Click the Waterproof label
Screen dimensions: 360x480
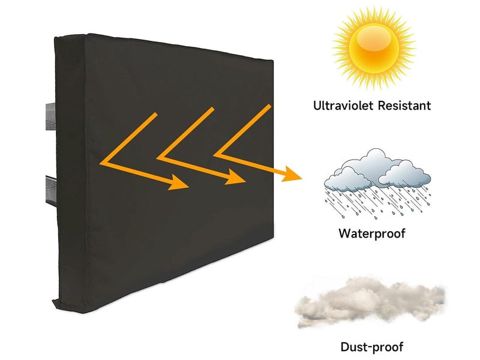tap(371, 233)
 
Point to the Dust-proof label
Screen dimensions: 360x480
tap(372, 346)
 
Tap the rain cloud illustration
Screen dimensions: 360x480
tap(377, 170)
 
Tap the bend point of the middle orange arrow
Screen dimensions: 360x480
tap(158, 158)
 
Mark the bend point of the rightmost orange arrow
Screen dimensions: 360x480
tap(215, 155)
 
